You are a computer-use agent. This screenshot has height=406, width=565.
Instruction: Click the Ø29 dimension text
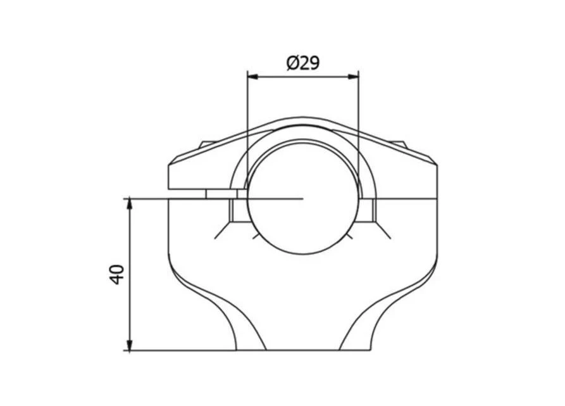click(x=303, y=64)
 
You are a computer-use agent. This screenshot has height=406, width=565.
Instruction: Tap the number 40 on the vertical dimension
click(x=118, y=274)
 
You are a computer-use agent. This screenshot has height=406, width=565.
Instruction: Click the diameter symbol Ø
click(x=292, y=64)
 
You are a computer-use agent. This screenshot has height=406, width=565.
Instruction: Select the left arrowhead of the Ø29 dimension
click(x=253, y=77)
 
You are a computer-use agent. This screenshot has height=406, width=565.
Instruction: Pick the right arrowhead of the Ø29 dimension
click(x=353, y=77)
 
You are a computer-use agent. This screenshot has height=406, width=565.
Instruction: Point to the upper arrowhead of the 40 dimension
click(x=130, y=204)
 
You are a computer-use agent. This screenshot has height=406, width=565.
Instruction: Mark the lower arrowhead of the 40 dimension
click(x=130, y=345)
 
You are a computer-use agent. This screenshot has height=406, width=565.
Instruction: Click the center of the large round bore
click(x=303, y=198)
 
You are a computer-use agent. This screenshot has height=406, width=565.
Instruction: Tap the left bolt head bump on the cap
click(x=207, y=144)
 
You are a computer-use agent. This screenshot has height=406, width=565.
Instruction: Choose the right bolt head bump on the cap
click(x=399, y=144)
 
